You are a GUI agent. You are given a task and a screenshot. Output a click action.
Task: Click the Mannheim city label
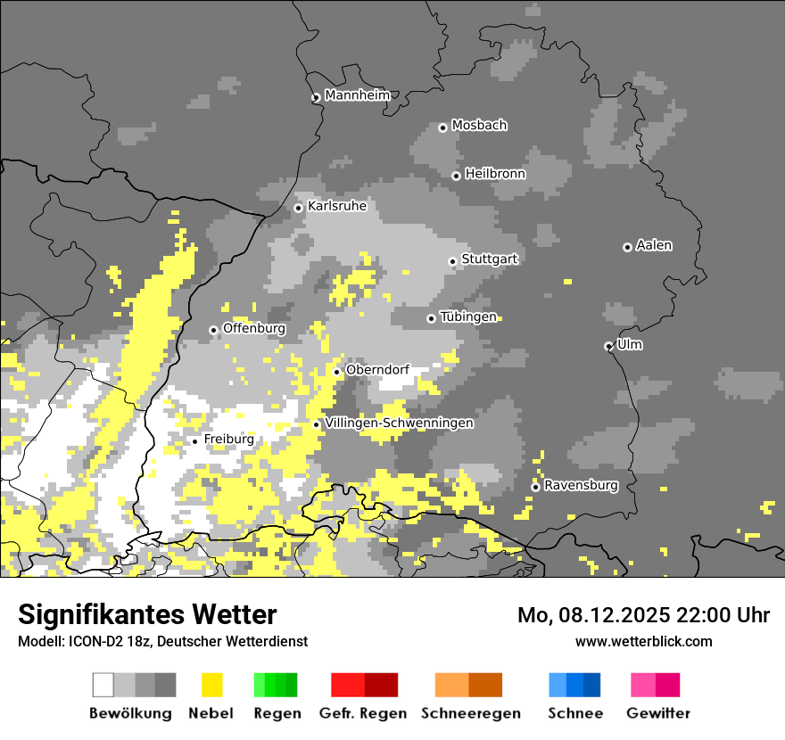357,95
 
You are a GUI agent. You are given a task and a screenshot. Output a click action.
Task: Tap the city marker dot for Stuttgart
452,261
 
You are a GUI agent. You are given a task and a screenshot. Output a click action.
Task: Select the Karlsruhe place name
336,206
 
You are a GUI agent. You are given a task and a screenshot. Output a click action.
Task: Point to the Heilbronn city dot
456,176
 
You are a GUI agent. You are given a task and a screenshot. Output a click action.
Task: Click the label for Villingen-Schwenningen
399,423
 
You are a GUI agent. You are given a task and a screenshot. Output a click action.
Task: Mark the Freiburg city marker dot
194,441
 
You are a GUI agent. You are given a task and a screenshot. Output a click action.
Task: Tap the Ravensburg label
581,486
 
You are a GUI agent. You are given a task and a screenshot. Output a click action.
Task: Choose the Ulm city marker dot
608,346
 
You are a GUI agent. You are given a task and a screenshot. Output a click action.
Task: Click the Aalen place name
654,245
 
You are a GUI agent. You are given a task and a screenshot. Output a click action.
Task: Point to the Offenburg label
253,328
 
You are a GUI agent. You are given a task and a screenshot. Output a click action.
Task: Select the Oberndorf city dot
336,372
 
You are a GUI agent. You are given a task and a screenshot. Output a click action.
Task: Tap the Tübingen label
468,317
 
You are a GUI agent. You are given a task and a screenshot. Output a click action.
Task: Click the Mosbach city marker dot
442,127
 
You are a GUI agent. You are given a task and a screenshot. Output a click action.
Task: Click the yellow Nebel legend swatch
212,685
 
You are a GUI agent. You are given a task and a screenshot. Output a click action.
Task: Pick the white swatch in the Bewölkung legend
103,685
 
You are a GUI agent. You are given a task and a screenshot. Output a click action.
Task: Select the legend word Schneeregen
470,713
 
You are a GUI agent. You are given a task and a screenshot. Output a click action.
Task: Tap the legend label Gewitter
657,713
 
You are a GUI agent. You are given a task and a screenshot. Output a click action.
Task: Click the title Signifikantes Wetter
147,614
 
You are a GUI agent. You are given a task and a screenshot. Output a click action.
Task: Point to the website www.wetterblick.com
643,641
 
